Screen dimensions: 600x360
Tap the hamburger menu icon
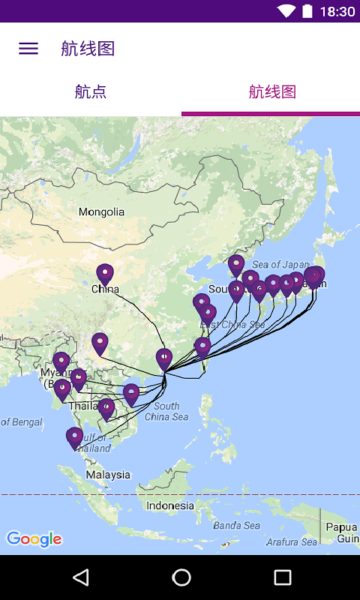tap(28, 49)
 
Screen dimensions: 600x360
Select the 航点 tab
tap(91, 92)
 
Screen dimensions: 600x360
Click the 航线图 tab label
tap(272, 92)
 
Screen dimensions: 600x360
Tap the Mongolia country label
tap(102, 212)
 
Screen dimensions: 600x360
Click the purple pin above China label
tap(105, 274)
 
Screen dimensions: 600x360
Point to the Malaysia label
tap(108, 475)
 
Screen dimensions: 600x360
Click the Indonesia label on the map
tap(170, 505)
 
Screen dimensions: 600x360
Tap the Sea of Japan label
tap(280, 264)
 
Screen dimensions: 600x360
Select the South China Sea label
tap(166, 411)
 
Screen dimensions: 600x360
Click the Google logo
tap(34, 538)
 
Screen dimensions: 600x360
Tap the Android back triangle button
tap(80, 577)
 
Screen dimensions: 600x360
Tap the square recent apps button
tap(282, 577)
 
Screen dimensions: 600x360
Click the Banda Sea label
tap(236, 526)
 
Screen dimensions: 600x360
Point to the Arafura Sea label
tap(292, 542)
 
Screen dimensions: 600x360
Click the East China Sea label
tap(233, 325)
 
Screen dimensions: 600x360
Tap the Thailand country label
tap(83, 406)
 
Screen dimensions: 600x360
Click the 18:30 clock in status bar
tap(337, 11)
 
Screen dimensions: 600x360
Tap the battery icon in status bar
tap(307, 11)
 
